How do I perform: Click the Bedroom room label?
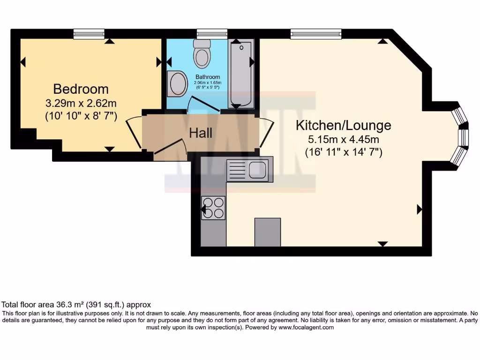tap(81, 89)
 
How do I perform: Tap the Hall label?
tap(201, 133)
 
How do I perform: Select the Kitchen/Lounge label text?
tap(343, 126)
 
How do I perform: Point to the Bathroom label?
tap(208, 77)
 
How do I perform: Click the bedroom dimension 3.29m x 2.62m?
tap(81, 103)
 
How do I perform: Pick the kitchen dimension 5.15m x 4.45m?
tap(343, 139)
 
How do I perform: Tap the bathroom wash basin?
tap(178, 83)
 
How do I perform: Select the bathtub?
tap(241, 74)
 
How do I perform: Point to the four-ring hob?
tap(213, 208)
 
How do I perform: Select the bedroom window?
tap(89, 34)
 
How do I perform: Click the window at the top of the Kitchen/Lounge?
tap(316, 34)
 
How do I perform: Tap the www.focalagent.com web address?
tap(306, 328)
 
